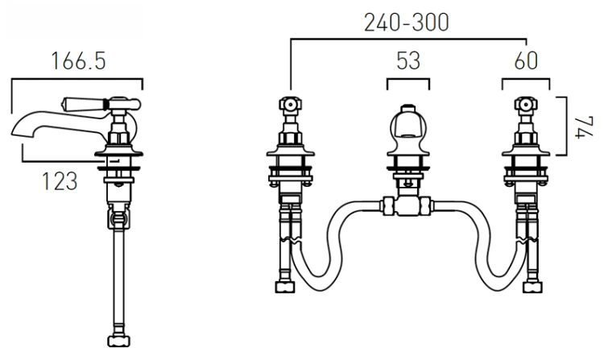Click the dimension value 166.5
point(78,61)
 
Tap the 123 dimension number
point(60,181)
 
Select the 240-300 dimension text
point(407,23)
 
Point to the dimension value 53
point(408,61)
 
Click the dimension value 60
point(526,61)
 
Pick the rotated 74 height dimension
point(584,127)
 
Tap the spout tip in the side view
point(14,132)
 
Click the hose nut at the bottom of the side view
point(118,341)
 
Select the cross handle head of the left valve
point(291,104)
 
